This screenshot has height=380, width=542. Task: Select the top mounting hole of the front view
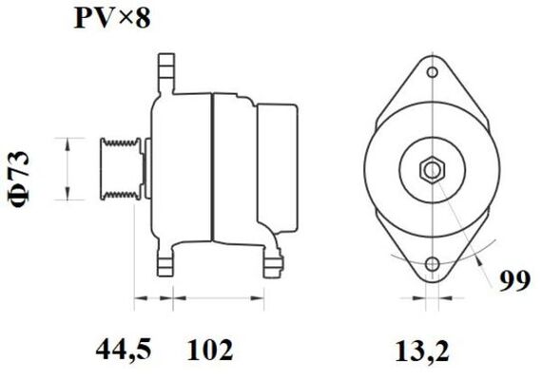pyautogui.click(x=432, y=73)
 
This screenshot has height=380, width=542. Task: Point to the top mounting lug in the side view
pyautogui.click(x=166, y=71)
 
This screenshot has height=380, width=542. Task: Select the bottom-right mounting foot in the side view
pyautogui.click(x=274, y=261)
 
